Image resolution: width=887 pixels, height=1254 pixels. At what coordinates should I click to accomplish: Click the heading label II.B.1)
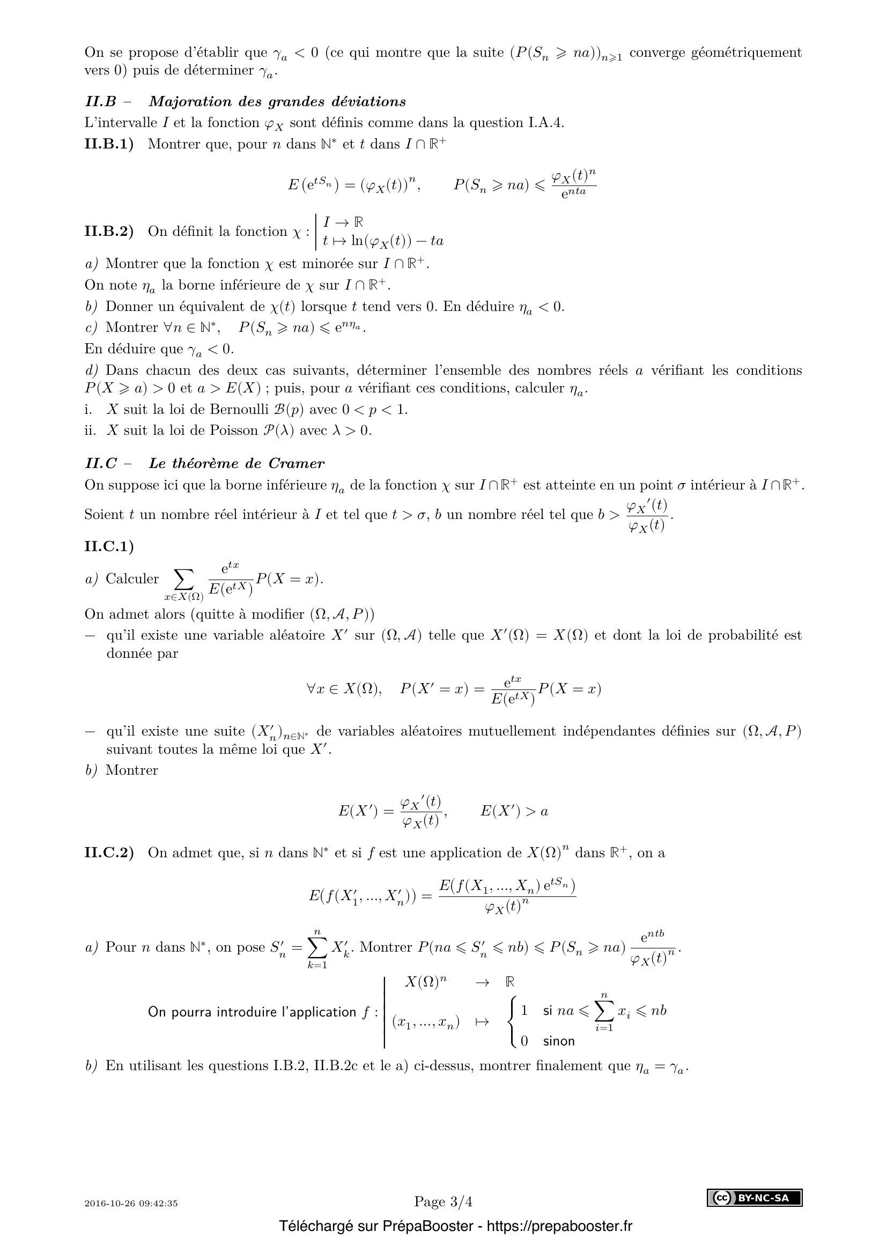109,144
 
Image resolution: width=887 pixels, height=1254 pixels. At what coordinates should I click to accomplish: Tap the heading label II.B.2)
109,231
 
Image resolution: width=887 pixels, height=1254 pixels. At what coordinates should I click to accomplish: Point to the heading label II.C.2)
109,853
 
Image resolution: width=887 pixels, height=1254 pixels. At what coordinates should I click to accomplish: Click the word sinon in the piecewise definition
559,1041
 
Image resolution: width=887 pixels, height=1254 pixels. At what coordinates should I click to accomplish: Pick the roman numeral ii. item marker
90,431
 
